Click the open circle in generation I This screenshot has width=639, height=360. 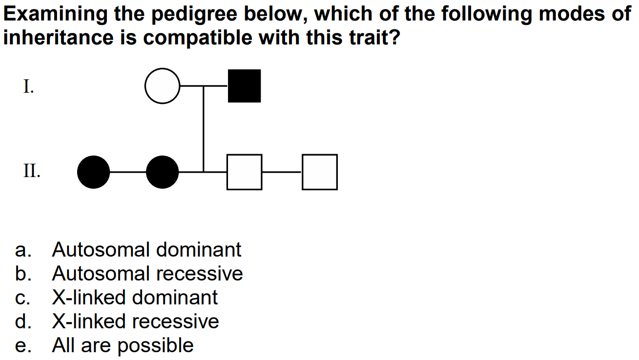click(163, 86)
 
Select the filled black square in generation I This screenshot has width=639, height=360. click(244, 86)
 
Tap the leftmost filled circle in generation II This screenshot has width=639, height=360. click(94, 172)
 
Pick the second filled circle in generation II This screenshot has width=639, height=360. click(163, 172)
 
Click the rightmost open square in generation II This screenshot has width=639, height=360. click(320, 172)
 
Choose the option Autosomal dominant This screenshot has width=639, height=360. click(146, 250)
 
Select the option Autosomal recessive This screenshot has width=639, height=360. click(147, 274)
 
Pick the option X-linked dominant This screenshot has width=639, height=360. click(135, 298)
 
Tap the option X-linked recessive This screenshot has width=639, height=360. click(136, 321)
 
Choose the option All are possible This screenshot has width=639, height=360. click(123, 345)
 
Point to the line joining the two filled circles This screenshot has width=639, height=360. click(128, 172)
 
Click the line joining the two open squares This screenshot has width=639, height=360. click(282, 172)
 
